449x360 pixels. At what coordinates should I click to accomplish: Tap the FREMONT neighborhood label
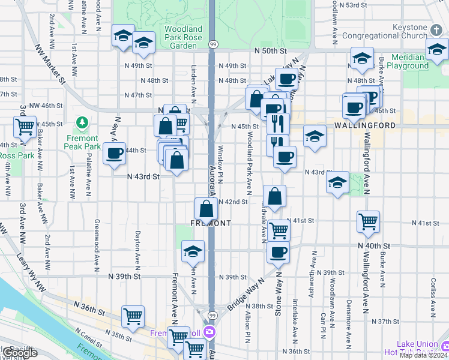[x=211, y=223]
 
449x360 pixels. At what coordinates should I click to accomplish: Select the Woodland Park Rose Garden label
[x=183, y=37]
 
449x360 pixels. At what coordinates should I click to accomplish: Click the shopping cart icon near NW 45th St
[x=25, y=127]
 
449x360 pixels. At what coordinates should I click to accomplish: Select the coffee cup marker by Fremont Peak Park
[x=114, y=154]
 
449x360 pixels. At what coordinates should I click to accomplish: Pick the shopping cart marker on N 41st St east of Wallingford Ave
[x=368, y=221]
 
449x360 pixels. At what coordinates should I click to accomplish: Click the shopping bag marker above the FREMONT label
[x=206, y=209]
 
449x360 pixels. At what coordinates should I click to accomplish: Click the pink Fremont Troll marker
[x=210, y=332]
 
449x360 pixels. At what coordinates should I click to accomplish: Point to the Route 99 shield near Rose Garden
[x=212, y=44]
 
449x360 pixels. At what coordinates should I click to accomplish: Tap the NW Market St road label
[x=49, y=62]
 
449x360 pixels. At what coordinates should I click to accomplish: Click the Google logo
[x=20, y=353]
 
